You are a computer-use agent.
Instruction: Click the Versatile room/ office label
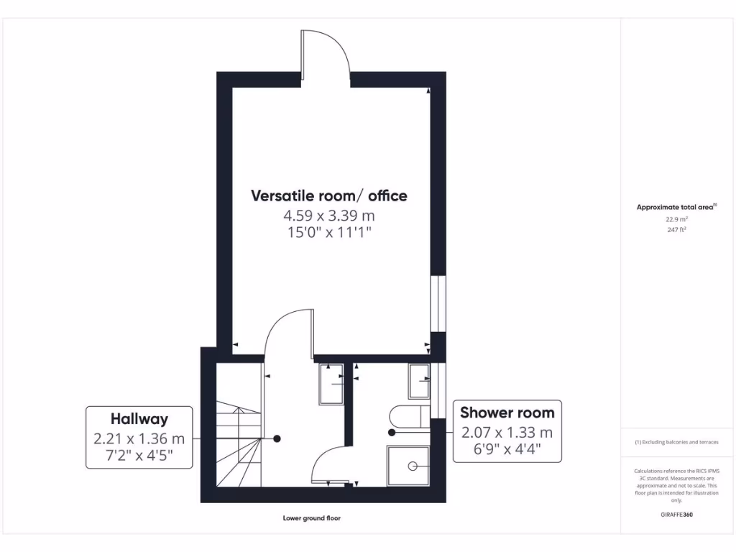click(329, 195)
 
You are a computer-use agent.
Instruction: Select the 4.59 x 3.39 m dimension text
click(329, 215)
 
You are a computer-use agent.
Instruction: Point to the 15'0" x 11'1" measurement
click(329, 232)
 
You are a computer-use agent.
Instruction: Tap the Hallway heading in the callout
click(139, 418)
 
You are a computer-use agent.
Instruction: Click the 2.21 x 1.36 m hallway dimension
click(139, 438)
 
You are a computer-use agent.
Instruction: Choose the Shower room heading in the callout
click(507, 413)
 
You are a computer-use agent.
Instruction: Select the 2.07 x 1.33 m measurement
click(507, 432)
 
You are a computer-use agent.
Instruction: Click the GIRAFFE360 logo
click(676, 515)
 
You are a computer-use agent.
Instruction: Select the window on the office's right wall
click(437, 304)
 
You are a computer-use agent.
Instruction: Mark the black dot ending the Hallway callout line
click(277, 438)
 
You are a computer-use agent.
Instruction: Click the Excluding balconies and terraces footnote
click(676, 442)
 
